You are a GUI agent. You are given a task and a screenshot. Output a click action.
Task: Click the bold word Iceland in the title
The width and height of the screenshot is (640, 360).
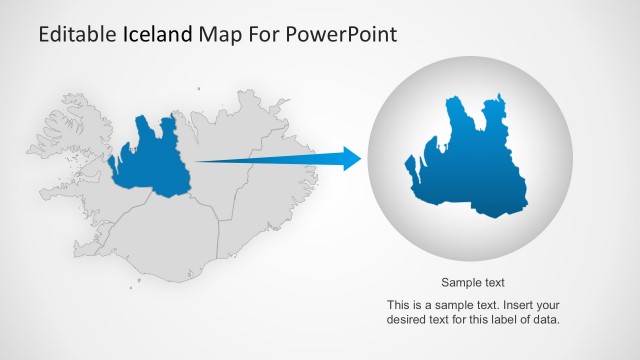[156, 34]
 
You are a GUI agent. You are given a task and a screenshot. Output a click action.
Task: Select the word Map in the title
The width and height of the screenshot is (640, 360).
[218, 34]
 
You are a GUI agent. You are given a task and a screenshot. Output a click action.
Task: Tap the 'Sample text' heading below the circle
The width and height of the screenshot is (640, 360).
[472, 282]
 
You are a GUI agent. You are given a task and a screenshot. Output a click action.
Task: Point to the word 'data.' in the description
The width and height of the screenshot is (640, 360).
[545, 320]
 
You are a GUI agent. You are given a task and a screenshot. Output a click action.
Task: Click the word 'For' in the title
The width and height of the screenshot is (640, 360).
[262, 34]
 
